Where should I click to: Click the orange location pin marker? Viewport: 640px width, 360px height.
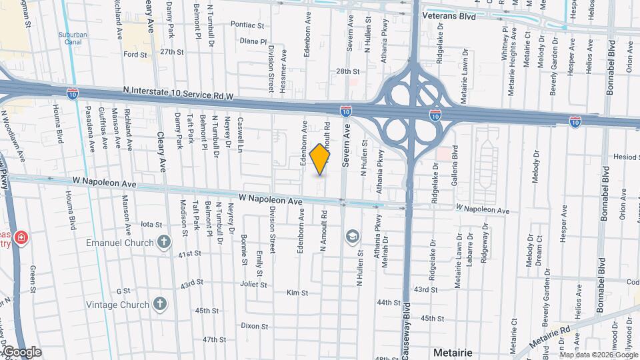click(321, 159)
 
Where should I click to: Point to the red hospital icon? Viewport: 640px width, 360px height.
click(21, 238)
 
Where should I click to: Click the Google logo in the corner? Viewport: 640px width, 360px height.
click(21, 351)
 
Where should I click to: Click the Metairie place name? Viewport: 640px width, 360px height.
click(453, 351)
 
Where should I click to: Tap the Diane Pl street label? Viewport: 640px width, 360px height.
click(253, 41)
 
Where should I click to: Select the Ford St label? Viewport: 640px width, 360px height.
click(135, 55)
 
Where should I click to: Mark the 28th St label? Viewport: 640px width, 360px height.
click(348, 71)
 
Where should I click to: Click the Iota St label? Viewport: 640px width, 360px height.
click(152, 225)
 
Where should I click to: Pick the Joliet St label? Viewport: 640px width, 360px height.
click(253, 284)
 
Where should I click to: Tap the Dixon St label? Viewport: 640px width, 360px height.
click(254, 327)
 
